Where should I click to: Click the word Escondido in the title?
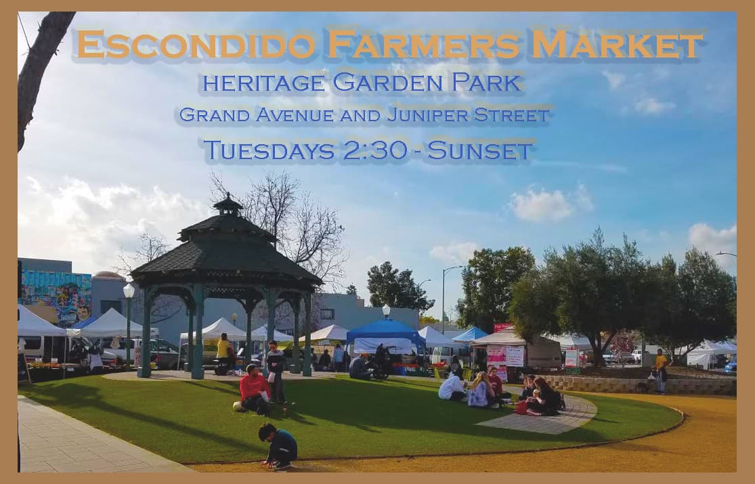pyautogui.click(x=196, y=45)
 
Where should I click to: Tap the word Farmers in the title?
pyautogui.click(x=423, y=45)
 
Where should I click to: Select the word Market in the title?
pyautogui.click(x=617, y=45)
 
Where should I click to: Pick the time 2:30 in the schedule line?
pyautogui.click(x=374, y=150)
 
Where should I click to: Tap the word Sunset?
pyautogui.click(x=479, y=150)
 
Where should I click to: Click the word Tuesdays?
pyautogui.click(x=269, y=150)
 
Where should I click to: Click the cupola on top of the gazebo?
pyautogui.click(x=228, y=205)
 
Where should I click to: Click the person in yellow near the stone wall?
pyautogui.click(x=661, y=370)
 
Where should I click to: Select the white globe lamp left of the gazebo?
pyautogui.click(x=129, y=290)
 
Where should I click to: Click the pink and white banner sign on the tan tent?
pyautogui.click(x=505, y=355)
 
